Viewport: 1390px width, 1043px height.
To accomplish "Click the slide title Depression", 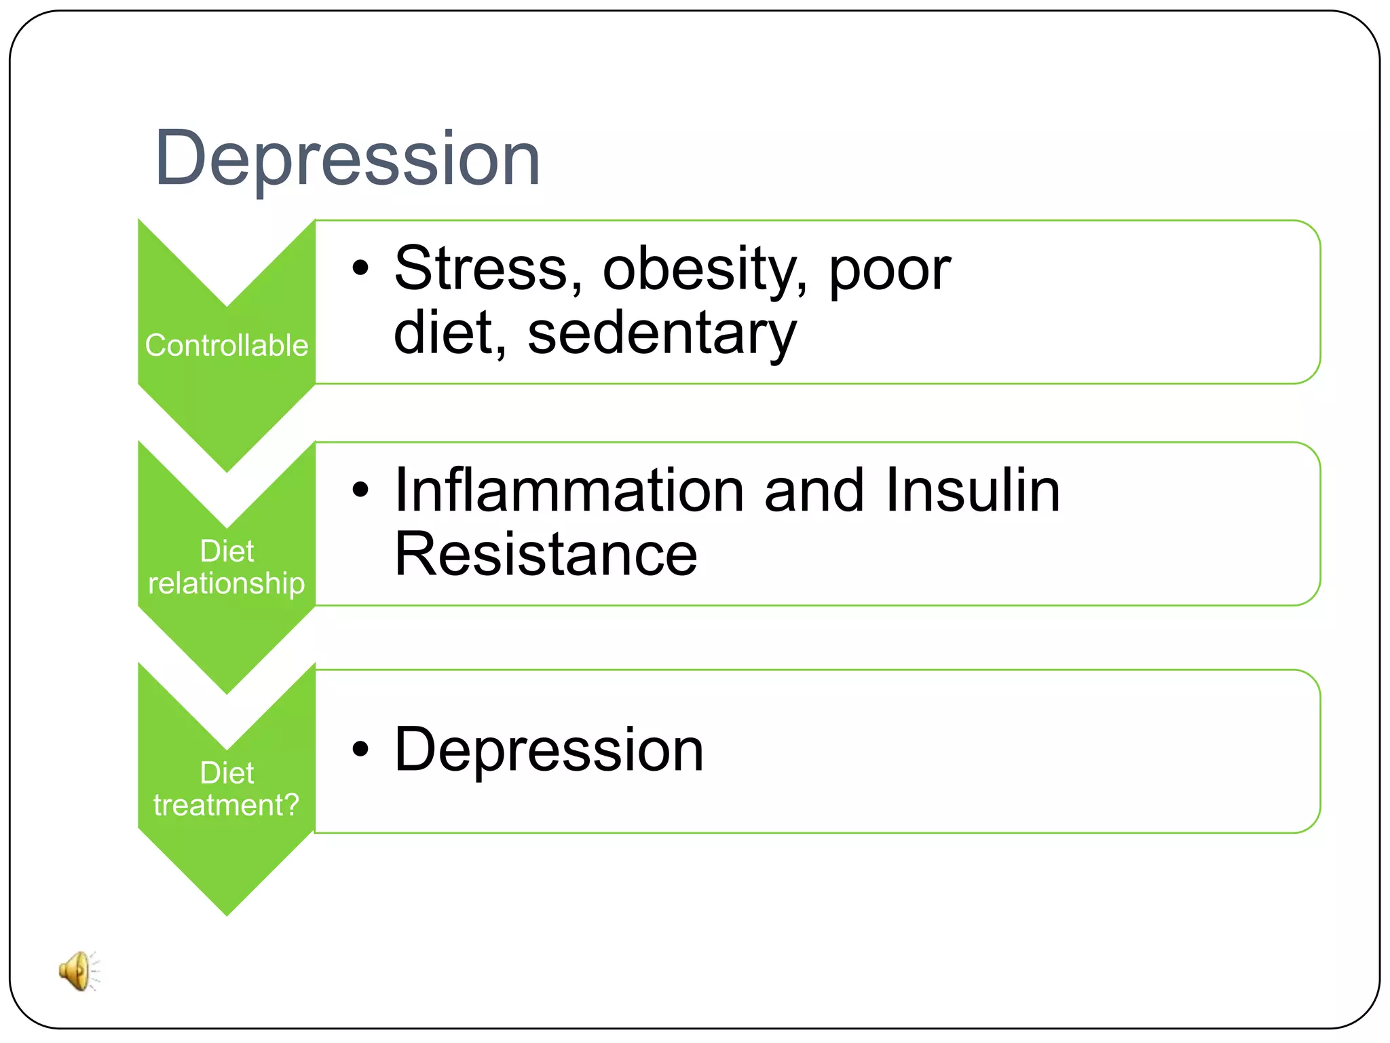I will tap(347, 159).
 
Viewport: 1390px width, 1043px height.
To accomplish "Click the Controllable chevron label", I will tap(227, 346).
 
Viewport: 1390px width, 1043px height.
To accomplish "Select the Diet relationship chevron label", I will tap(227, 567).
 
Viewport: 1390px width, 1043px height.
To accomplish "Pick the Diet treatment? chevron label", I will tap(227, 789).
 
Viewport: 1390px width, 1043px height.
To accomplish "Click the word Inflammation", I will tap(569, 490).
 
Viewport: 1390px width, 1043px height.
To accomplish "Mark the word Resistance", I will tap(546, 554).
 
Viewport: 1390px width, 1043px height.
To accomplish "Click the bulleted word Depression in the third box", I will tap(549, 750).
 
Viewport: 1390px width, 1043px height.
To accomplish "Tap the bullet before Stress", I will tap(360, 268).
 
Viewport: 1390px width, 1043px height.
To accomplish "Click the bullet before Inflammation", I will tap(360, 490).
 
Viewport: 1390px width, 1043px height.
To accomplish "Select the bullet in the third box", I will tap(360, 750).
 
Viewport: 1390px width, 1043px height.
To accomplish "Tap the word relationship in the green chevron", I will tap(227, 584).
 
